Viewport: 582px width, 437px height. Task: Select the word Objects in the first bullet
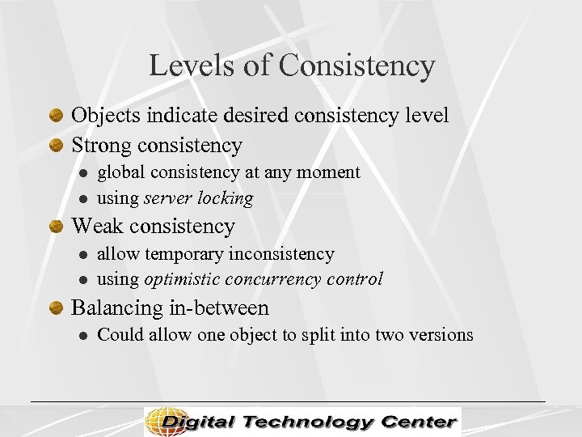(107, 116)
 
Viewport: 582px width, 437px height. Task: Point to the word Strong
(103, 146)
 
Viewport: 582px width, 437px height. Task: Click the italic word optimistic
(179, 280)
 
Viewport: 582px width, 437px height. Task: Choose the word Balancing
(117, 308)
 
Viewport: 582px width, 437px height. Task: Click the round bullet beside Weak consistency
(57, 227)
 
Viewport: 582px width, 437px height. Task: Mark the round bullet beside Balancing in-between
(57, 308)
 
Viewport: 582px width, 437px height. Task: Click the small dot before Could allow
(82, 336)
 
